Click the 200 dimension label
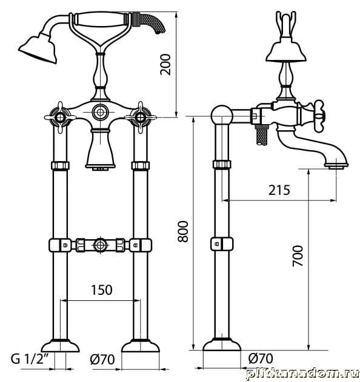click(x=165, y=64)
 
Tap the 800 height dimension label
click(x=182, y=231)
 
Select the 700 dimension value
click(x=298, y=256)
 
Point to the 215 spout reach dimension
click(x=279, y=190)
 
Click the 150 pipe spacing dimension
click(x=101, y=290)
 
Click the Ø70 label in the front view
click(x=102, y=360)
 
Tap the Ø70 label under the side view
click(x=261, y=358)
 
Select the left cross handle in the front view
click(x=60, y=117)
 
